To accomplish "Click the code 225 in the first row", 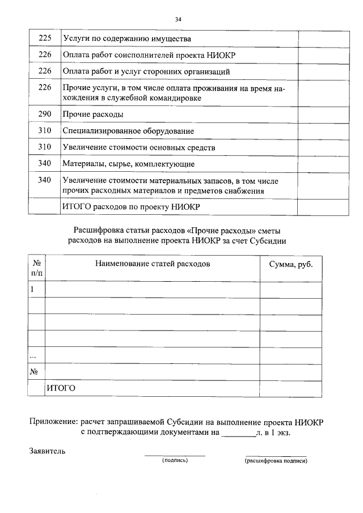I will pos(44,39).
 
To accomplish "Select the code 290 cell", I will pos(44,115).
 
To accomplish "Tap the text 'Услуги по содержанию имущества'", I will pos(126,39).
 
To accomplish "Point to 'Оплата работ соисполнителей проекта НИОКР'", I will pos(148,56).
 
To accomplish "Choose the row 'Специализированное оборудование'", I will pos(128,131).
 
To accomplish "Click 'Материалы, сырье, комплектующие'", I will pos(128,164).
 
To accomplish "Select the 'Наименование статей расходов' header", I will pos(153,264).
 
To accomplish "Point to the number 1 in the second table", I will pos(32,289).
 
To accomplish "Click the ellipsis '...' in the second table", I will pos(33,355).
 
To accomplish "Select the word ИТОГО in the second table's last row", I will pos(61,388).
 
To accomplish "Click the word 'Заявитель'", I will pos(48,452).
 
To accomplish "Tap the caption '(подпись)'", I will pos(175,460).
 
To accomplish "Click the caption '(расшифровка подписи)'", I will pos(276,461).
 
